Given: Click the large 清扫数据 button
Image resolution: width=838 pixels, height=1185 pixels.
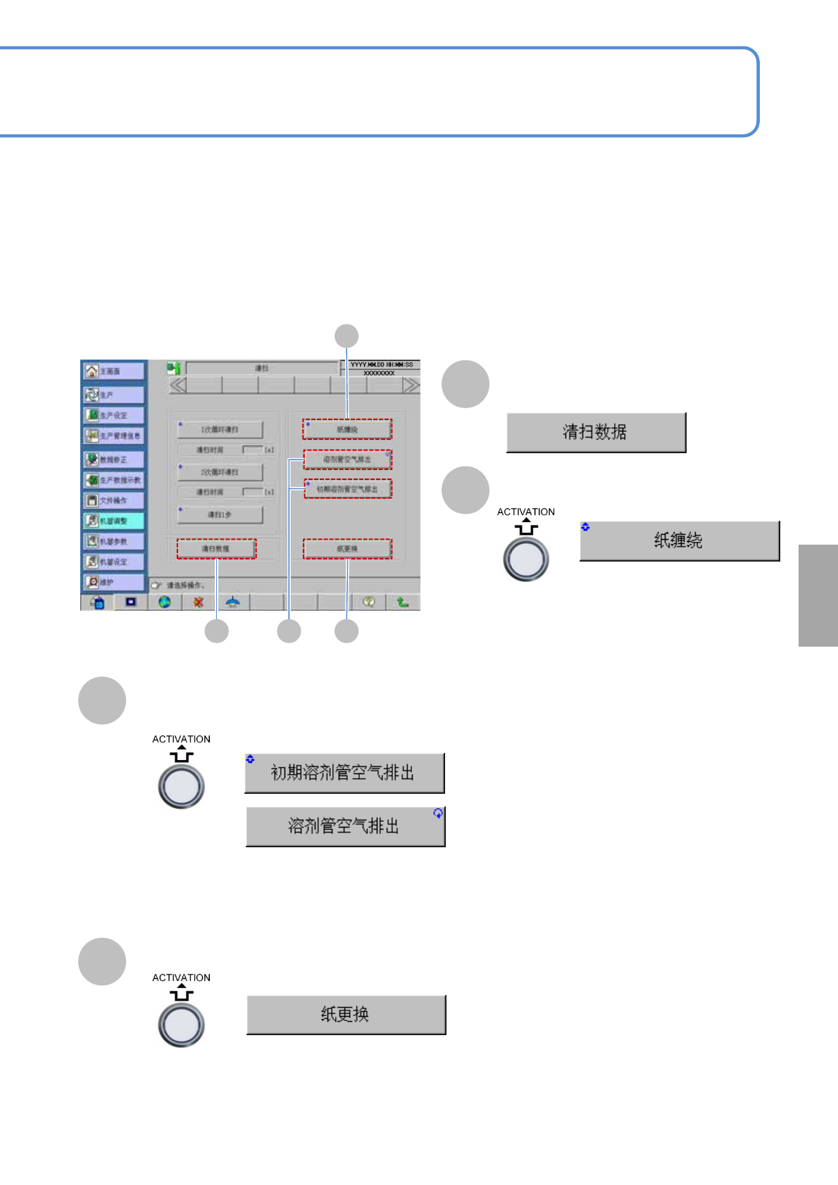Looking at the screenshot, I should pyautogui.click(x=596, y=432).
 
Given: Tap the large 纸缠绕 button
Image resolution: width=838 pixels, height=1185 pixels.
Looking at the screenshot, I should pyautogui.click(x=679, y=540).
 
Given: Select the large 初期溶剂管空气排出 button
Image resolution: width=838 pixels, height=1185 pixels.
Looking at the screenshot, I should pyautogui.click(x=344, y=773).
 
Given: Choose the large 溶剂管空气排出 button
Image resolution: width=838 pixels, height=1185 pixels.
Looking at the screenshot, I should pyautogui.click(x=345, y=826).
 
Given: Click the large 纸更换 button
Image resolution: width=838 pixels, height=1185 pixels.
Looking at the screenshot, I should pyautogui.click(x=346, y=1014).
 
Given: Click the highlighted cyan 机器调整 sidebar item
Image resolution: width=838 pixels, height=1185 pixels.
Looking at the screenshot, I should pyautogui.click(x=113, y=521).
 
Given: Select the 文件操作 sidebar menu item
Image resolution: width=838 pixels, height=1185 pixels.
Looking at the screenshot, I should pyautogui.click(x=113, y=500).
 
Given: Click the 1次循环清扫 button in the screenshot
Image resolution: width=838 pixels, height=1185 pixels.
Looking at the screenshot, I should pyautogui.click(x=220, y=429).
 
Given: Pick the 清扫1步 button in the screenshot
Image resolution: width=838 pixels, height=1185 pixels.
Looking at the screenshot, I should pyautogui.click(x=220, y=514).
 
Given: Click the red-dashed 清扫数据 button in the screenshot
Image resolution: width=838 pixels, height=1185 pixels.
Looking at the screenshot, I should pyautogui.click(x=216, y=549).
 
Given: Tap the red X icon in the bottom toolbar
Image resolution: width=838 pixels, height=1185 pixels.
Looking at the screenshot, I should pyautogui.click(x=199, y=602).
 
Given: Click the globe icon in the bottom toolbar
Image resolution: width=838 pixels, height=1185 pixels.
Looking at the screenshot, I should pyautogui.click(x=165, y=602).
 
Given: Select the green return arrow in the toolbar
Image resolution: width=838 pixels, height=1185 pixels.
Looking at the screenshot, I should pyautogui.click(x=402, y=602).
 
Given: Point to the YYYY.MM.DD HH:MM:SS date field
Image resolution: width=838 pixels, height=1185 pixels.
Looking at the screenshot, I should pyautogui.click(x=382, y=365).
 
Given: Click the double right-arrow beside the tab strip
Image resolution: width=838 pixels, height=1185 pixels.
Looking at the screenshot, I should pyautogui.click(x=411, y=385).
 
